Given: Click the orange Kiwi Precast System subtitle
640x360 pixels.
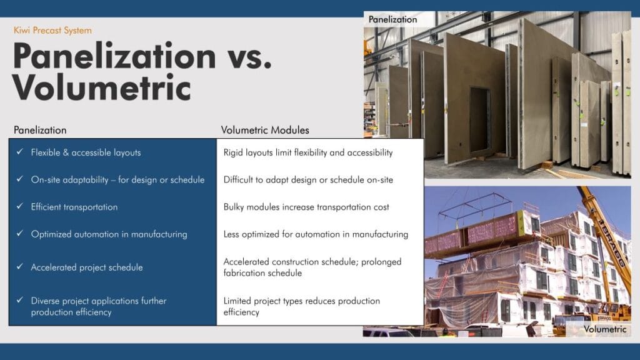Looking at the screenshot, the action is (x=52, y=30).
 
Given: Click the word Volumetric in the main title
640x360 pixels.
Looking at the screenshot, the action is (x=102, y=87).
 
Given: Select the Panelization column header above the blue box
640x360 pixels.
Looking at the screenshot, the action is (x=40, y=130).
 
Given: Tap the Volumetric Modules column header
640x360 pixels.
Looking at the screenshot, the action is (x=265, y=130).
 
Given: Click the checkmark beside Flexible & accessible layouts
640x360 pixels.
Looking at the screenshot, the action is (x=19, y=151).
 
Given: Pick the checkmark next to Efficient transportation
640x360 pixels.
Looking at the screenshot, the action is (x=19, y=206).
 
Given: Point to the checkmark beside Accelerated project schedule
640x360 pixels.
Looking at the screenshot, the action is (x=19, y=266).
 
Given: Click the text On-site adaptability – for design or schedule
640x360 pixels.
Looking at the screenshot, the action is (x=117, y=180).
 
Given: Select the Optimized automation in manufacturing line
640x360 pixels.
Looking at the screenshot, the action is (x=109, y=234).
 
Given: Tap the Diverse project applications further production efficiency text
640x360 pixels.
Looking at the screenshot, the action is (x=99, y=306).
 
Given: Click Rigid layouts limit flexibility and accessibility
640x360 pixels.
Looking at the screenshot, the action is (x=308, y=152).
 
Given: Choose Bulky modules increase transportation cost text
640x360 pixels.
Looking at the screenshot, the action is (x=306, y=207).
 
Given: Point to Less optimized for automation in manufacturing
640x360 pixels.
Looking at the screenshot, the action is (x=316, y=234).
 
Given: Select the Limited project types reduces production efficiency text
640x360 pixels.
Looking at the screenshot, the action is (x=302, y=306).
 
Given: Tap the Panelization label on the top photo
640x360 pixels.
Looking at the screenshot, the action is (x=392, y=19).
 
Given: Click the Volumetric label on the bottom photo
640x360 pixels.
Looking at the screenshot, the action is (x=605, y=329).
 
